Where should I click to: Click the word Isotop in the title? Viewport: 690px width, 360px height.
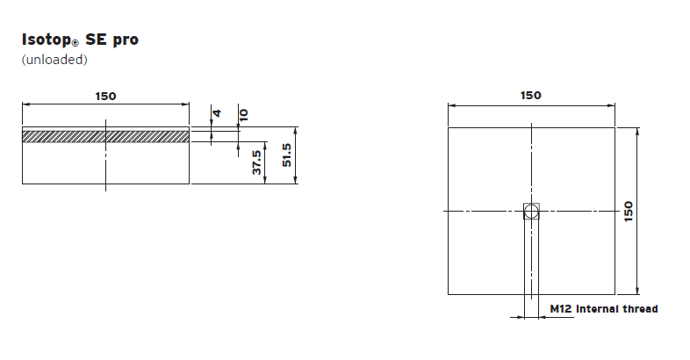(x=47, y=40)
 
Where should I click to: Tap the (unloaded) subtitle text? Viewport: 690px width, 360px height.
(x=54, y=60)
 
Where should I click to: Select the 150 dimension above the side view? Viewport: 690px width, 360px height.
(x=105, y=96)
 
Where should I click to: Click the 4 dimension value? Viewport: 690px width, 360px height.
(x=217, y=113)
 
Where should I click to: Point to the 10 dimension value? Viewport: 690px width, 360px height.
(x=243, y=114)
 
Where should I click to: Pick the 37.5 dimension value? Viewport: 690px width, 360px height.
(x=257, y=162)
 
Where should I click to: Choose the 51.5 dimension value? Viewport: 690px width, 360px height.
(x=286, y=155)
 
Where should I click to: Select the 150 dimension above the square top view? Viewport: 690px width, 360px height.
(x=531, y=95)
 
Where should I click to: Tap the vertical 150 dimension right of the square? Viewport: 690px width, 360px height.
(x=629, y=211)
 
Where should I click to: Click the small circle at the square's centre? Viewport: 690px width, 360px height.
(x=531, y=211)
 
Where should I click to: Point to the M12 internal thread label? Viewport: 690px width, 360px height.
(x=603, y=309)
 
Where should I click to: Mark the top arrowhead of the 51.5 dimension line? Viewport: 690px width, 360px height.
(x=296, y=130)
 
